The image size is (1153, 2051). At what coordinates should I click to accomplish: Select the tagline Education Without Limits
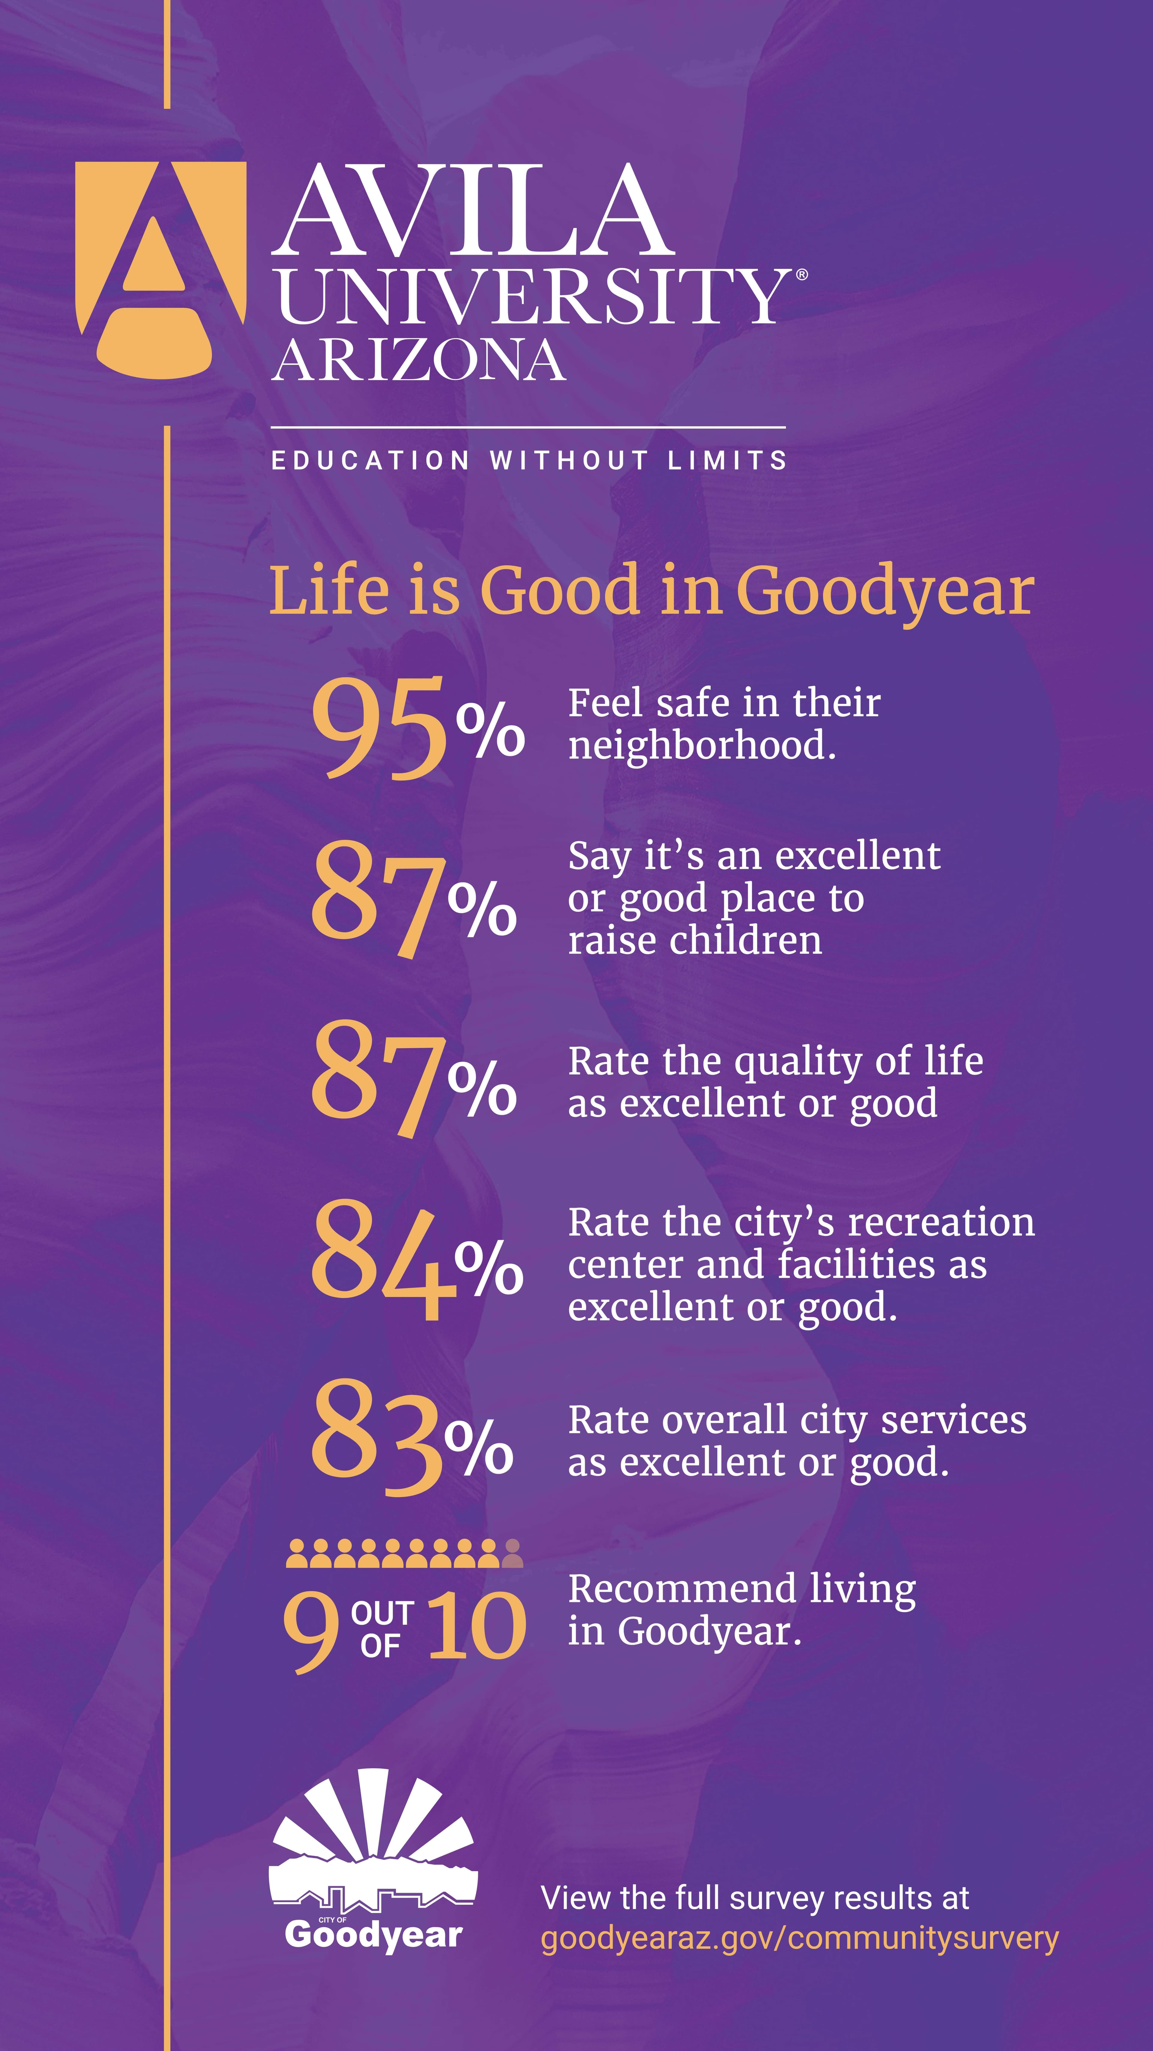point(529,460)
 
